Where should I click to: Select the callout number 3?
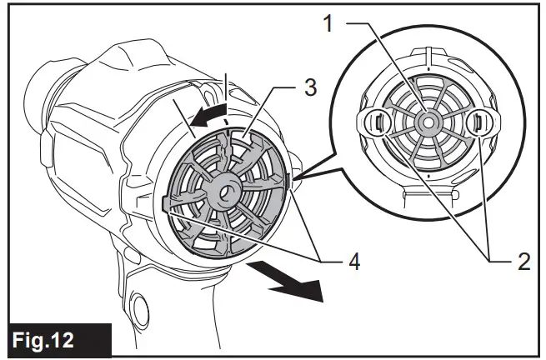(x=309, y=87)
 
